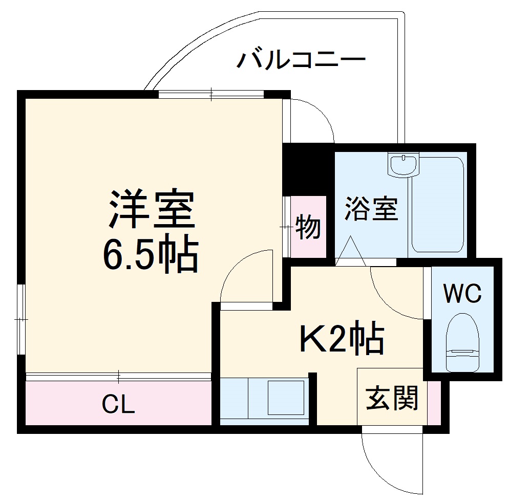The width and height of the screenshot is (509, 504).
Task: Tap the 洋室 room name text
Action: click(x=152, y=209)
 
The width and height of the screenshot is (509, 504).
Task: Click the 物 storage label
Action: click(x=308, y=226)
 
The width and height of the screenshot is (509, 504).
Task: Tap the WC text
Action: click(x=462, y=294)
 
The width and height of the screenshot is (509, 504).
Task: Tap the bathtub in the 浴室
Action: click(x=438, y=205)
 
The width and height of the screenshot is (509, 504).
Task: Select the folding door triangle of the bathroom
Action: click(x=351, y=251)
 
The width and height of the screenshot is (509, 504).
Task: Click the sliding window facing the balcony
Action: click(x=210, y=94)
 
